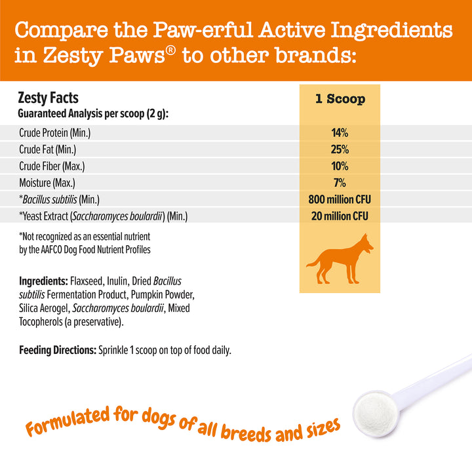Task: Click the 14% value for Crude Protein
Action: [340, 132]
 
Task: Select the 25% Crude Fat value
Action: [340, 149]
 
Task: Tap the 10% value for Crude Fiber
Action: [340, 166]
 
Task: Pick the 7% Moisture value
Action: [340, 183]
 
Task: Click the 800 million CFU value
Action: [340, 199]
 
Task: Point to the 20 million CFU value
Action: [340, 216]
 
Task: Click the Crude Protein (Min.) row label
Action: [55, 132]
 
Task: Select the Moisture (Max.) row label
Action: [47, 183]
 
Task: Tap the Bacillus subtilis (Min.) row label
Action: [59, 199]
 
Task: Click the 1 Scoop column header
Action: [340, 99]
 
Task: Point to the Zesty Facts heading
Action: [48, 98]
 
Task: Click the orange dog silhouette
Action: [340, 259]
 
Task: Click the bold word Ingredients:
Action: [44, 281]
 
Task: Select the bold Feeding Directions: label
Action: [58, 350]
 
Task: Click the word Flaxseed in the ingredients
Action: [87, 281]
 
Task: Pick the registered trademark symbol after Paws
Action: [170, 50]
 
